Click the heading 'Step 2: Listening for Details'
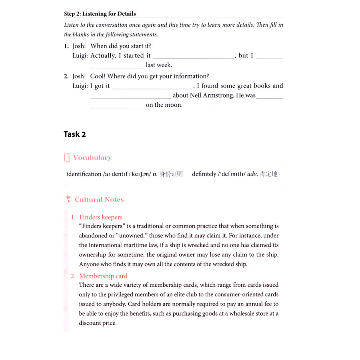pos(100,14)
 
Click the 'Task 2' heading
pos(74,134)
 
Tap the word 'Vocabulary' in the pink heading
pos(92,158)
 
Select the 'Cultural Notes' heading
pos(99,200)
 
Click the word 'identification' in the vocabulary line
pos(84,174)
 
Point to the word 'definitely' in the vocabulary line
pos(204,174)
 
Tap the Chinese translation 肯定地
pos(268,174)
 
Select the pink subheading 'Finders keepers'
pos(101,217)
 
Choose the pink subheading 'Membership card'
pos(103,276)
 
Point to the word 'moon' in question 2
pos(174,105)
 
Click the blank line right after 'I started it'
pos(194,58)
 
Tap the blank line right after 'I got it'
pos(152,88)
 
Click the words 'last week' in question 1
pos(159,65)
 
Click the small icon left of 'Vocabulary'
pos(67,158)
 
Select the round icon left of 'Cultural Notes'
pos(68,200)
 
